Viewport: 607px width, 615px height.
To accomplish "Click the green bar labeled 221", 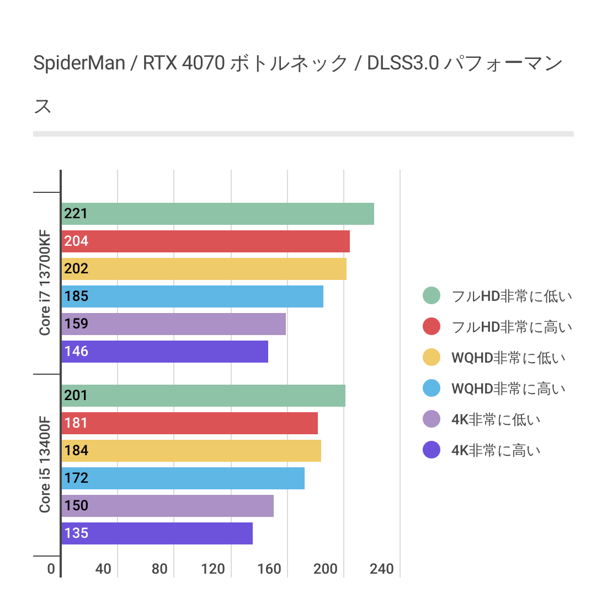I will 218,214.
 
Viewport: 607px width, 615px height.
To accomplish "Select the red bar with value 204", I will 206,241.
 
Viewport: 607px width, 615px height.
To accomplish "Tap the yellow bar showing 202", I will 204,269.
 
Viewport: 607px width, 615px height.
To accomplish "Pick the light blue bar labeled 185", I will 193,296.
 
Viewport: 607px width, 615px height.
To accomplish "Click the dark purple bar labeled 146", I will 165,352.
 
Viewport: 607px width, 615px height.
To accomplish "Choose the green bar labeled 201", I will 204,396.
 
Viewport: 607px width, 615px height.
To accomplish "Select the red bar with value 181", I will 190,423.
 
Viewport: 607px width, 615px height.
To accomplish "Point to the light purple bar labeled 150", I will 168,506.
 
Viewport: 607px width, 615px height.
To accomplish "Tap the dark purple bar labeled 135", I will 157,533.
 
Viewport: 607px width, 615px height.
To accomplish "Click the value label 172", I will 76,478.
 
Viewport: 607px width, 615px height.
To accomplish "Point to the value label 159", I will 76,323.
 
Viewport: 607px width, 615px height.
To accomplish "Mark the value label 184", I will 76,450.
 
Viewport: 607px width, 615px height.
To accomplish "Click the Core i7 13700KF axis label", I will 45,283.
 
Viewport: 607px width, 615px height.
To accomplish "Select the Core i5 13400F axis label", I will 45,465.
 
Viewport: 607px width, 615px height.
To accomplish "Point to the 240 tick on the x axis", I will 382,569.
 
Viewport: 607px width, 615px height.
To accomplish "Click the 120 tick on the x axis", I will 213,569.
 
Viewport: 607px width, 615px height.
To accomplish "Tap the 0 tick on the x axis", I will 51,569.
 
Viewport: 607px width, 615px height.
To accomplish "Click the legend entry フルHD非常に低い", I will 512,296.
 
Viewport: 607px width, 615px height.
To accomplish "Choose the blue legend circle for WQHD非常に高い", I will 432,389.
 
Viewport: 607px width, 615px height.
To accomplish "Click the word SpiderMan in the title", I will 79,63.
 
